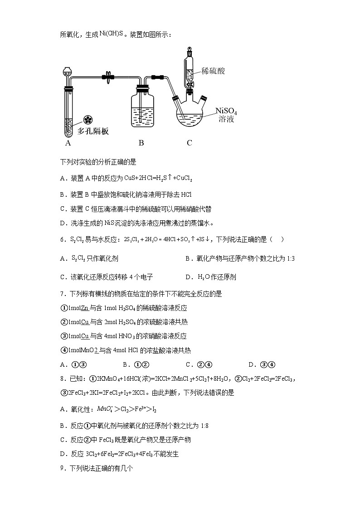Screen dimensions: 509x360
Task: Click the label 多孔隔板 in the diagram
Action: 93,131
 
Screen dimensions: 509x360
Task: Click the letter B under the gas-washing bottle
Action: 141,143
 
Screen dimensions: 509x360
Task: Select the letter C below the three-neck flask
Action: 190,143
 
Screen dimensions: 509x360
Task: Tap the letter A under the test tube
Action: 68,143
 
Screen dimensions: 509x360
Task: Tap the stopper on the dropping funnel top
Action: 188,49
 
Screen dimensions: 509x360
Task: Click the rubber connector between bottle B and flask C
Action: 157,78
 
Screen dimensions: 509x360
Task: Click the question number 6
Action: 62,239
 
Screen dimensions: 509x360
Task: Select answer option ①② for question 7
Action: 142,364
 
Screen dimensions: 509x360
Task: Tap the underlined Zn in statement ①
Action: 84,308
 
